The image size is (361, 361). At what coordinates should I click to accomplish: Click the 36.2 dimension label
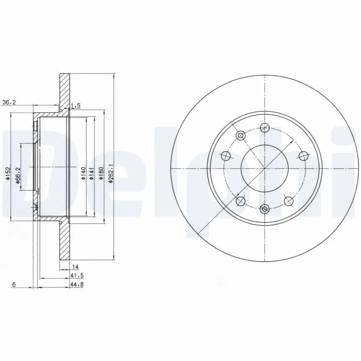[9, 102]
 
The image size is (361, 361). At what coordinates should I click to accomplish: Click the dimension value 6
[14, 284]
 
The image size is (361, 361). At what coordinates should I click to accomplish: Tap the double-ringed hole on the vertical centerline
[265, 208]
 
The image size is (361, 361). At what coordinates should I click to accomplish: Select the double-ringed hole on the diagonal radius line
[241, 135]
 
